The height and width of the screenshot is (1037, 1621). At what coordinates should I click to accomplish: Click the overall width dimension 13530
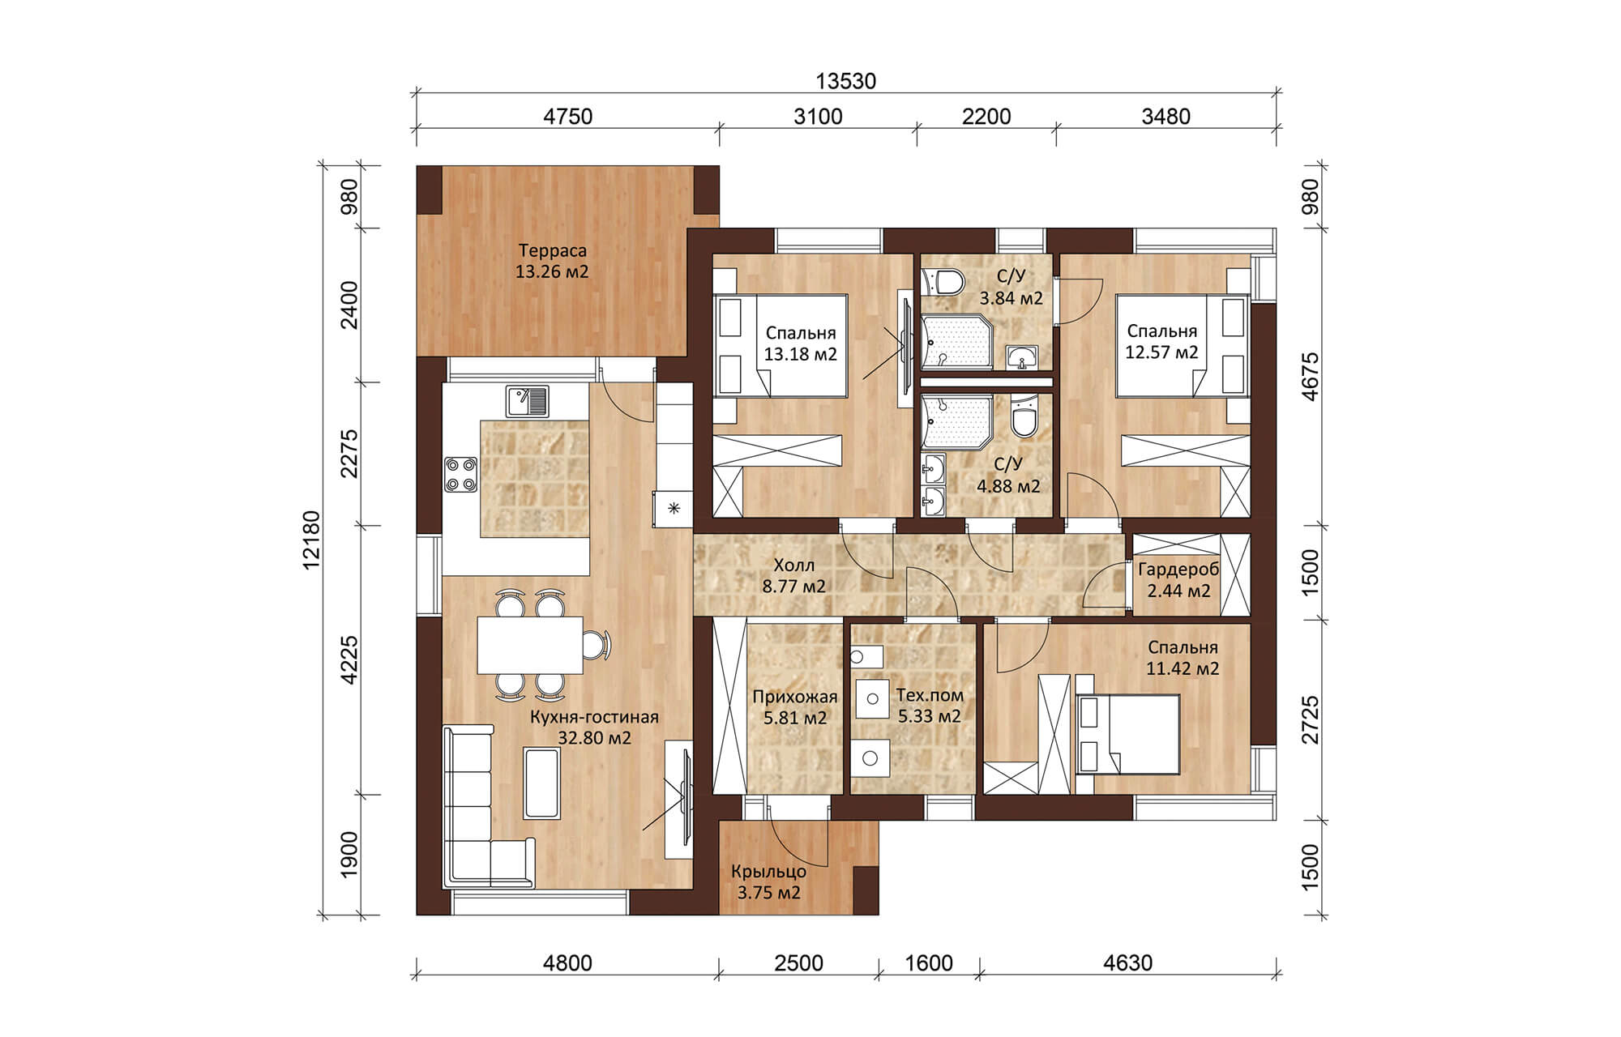845,82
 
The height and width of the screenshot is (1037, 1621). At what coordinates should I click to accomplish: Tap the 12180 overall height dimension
312,540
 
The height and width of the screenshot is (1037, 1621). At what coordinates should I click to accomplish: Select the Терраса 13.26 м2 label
552,261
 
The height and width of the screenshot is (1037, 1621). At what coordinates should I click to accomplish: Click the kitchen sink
528,401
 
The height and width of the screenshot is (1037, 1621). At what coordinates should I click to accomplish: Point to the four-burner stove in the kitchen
460,475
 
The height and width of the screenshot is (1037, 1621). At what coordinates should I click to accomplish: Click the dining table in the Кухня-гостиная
530,645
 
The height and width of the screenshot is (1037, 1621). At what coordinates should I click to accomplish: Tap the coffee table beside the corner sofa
542,783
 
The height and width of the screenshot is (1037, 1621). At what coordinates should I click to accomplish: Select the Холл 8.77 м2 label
794,575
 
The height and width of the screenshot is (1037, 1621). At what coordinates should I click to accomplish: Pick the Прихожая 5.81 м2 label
795,707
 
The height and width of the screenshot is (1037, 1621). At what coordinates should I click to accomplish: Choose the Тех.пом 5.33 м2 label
930,706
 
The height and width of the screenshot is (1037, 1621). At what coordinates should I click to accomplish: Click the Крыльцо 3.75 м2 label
768,882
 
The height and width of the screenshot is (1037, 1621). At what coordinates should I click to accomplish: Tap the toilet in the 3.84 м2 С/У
944,281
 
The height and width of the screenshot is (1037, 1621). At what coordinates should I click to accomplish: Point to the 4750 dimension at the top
567,117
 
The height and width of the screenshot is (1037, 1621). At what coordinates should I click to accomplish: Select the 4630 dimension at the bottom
1127,963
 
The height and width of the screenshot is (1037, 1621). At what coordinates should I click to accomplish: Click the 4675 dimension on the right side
1311,376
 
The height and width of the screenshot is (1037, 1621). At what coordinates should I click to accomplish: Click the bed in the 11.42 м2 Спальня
1127,735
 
